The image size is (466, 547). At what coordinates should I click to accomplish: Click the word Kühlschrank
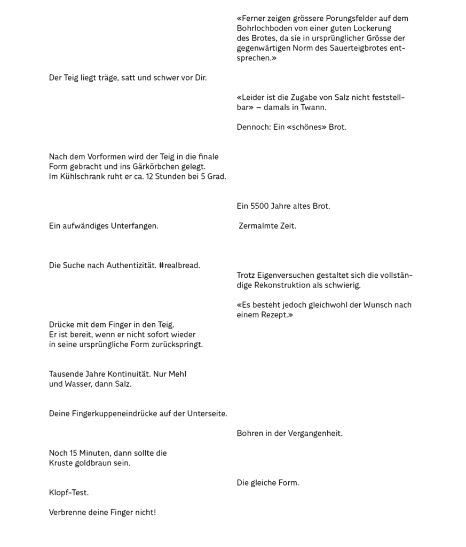pyautogui.click(x=80, y=176)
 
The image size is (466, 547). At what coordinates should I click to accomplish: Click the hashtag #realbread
pyautogui.click(x=179, y=265)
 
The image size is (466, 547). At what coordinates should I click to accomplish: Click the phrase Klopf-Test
pyautogui.click(x=69, y=493)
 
